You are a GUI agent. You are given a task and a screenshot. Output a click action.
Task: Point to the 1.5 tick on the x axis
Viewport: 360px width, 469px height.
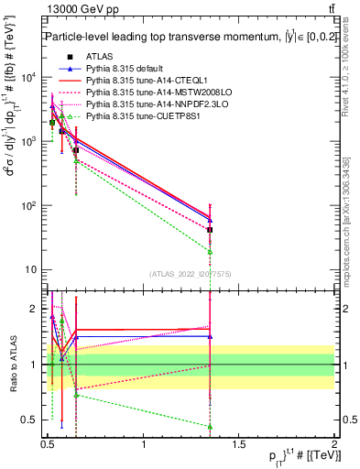239,442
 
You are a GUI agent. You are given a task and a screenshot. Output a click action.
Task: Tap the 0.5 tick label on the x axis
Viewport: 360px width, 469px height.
48,442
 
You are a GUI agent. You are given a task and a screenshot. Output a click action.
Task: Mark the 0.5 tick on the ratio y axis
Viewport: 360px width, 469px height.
31,420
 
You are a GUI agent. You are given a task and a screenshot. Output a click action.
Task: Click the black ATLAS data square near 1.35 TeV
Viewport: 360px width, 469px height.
210,230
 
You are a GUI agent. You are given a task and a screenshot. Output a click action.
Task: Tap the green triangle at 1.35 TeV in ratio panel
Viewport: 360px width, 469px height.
210,426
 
